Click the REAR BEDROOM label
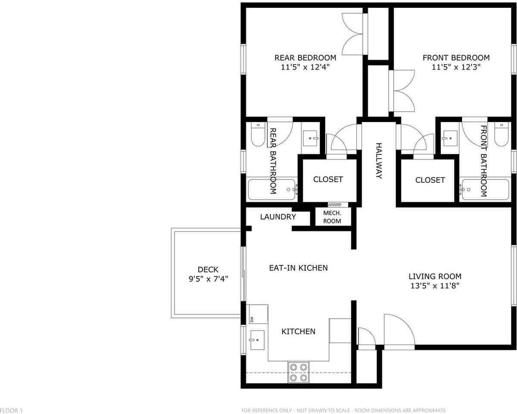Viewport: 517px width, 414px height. [x=305, y=57]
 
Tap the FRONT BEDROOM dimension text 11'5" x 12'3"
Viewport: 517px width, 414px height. [x=456, y=67]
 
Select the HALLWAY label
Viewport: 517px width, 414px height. [x=379, y=161]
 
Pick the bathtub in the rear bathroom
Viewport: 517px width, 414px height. [x=272, y=189]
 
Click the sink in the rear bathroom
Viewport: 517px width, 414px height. [x=309, y=138]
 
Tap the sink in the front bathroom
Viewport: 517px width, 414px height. [x=451, y=138]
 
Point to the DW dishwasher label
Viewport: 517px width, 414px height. [x=252, y=319]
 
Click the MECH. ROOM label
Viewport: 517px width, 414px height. [x=332, y=217]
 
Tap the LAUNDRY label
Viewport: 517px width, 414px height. [x=278, y=217]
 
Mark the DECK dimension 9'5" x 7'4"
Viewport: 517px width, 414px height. [x=208, y=279]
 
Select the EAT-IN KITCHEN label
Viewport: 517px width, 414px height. [x=298, y=268]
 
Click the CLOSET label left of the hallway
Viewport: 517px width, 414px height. [x=328, y=179]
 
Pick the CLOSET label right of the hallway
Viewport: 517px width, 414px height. [x=430, y=180]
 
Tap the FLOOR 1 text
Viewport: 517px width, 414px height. [x=11, y=410]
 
